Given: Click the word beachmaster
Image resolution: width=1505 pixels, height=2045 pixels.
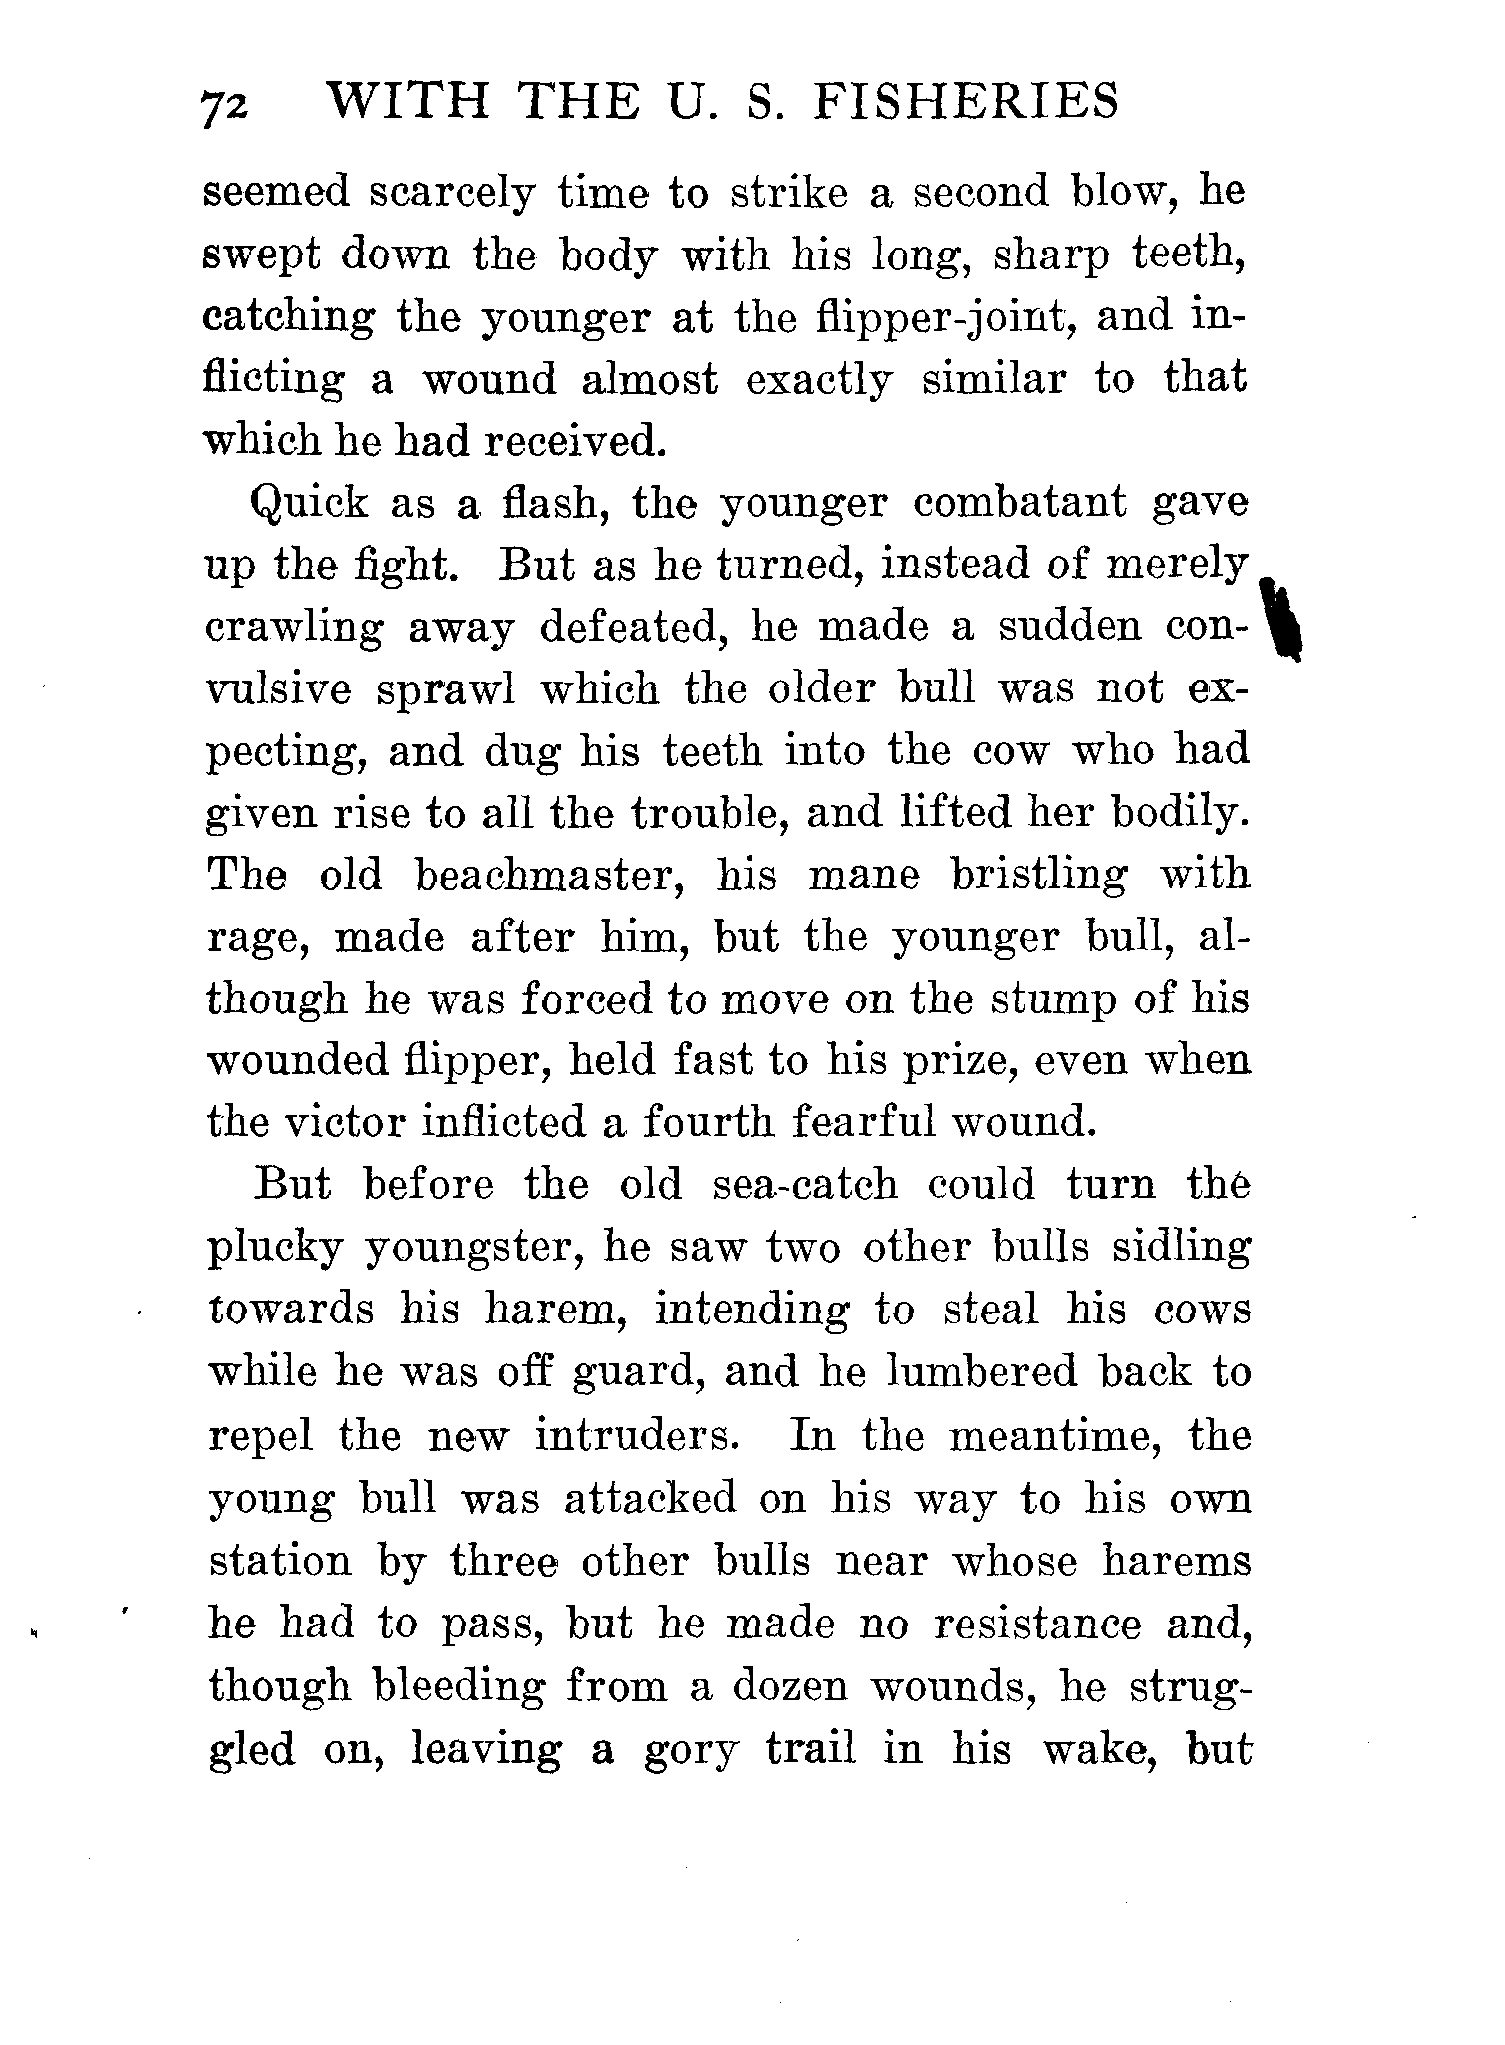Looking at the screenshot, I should [548, 876].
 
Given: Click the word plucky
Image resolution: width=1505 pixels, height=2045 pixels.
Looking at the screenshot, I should [270, 1249].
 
